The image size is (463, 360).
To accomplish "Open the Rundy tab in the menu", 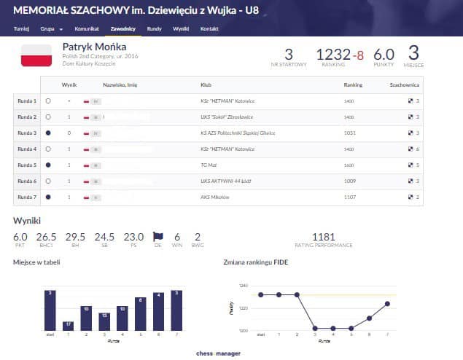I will click(154, 29).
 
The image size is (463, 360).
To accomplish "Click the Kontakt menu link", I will click(209, 29).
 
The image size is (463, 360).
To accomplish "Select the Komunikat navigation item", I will click(87, 29).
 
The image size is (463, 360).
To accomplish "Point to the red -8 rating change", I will click(358, 55).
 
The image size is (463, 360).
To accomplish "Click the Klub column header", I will click(206, 85).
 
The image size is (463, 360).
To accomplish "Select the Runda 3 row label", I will click(26, 133).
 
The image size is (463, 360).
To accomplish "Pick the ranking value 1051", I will click(350, 133).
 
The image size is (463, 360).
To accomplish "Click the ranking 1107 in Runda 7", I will click(350, 197).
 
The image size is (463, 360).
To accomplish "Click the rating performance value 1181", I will click(323, 237).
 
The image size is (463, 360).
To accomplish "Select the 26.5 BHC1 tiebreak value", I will click(46, 237).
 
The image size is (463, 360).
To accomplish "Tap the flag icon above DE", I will click(157, 236).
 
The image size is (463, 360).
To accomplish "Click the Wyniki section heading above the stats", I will click(26, 219).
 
